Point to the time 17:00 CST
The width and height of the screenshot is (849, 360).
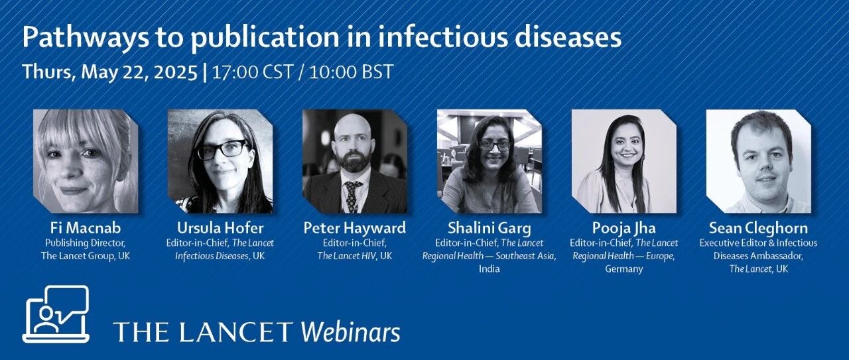pyautogui.click(x=253, y=72)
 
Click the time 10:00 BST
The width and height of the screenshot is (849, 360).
pyautogui.click(x=351, y=72)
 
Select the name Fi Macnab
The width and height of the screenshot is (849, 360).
pyautogui.click(x=86, y=228)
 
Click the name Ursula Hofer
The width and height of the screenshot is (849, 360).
pyautogui.click(x=220, y=228)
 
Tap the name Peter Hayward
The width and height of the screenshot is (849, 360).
pyautogui.click(x=355, y=228)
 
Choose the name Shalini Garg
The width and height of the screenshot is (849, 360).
pyautogui.click(x=490, y=228)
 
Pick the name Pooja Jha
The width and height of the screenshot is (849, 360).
pyautogui.click(x=624, y=228)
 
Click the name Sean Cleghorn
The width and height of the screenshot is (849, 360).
pyautogui.click(x=758, y=228)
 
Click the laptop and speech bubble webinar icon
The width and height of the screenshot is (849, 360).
pyautogui.click(x=56, y=314)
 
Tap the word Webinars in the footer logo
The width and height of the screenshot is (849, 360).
pyautogui.click(x=351, y=332)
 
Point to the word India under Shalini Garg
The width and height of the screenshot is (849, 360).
pyautogui.click(x=490, y=269)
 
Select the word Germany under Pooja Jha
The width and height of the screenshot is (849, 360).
pyautogui.click(x=624, y=269)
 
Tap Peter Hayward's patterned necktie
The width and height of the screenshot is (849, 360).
pyautogui.click(x=352, y=196)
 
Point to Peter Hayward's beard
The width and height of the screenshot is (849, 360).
pyautogui.click(x=354, y=160)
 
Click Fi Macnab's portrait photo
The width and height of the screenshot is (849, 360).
pyautogui.click(x=86, y=161)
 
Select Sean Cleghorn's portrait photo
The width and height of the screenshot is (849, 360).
pyautogui.click(x=758, y=161)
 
